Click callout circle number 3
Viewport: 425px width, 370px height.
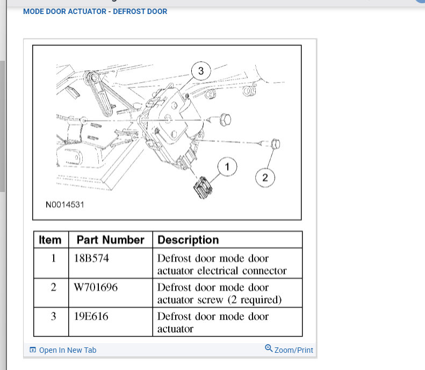[x=201, y=71]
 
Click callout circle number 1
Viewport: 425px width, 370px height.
[x=227, y=168]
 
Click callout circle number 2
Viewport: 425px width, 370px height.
[x=264, y=177]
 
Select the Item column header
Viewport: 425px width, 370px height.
[x=51, y=240]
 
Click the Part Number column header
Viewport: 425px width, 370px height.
[x=110, y=240]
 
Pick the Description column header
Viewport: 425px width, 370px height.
[x=188, y=240]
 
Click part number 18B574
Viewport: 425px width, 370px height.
[x=91, y=258]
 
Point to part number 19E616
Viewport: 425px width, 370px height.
[x=91, y=316]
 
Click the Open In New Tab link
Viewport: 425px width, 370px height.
[x=67, y=350]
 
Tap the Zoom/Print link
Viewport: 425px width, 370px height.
[x=293, y=350]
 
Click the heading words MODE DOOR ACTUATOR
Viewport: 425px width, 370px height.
[x=64, y=11]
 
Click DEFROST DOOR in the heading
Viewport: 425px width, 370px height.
[x=140, y=11]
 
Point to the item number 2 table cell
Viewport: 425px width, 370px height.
[x=53, y=287]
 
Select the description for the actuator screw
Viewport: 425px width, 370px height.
[x=220, y=293]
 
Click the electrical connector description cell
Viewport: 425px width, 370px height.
[x=222, y=264]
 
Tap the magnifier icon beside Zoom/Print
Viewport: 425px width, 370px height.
[x=269, y=348]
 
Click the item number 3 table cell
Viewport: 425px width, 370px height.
[x=53, y=316]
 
